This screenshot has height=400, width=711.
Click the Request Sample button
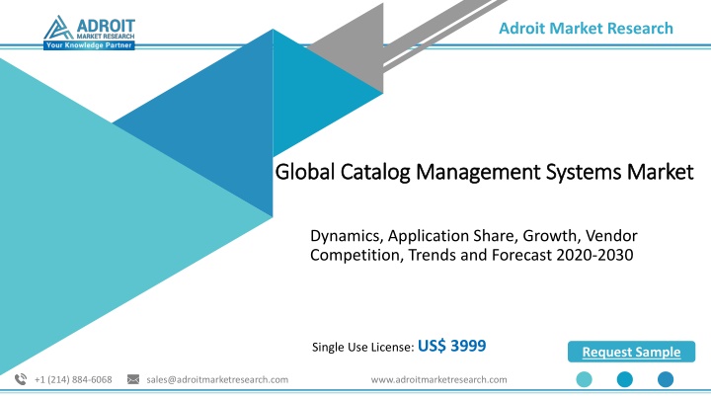coord(631,352)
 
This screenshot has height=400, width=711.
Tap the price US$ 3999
coord(451,346)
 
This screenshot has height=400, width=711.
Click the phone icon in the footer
coord(21,379)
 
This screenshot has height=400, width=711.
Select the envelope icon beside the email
coord(133,379)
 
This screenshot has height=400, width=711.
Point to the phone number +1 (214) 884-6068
coord(73,379)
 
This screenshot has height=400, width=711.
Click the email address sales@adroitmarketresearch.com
coord(217,379)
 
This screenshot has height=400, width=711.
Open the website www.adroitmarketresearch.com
coord(438,379)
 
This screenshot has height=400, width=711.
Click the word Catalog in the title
coord(375,172)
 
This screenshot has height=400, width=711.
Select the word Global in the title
coord(305,172)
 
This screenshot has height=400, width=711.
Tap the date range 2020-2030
coord(594,255)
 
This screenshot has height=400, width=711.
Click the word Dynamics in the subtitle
coord(347,236)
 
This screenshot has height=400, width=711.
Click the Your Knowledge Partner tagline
coord(89,45)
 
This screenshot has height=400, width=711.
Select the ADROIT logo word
coord(106,26)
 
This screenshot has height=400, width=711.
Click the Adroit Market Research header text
coord(586,28)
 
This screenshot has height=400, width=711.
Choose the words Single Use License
coord(361,347)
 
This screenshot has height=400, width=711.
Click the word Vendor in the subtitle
coord(611,236)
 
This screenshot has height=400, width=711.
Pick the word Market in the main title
coord(661,172)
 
